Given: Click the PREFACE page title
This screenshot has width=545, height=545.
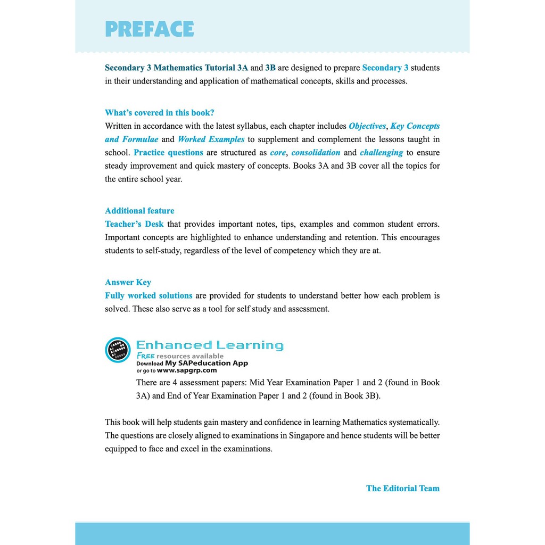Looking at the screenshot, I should (x=150, y=29).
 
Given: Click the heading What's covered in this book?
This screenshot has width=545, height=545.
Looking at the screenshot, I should (x=160, y=113).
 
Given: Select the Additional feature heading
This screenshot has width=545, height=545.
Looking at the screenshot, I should (x=139, y=211).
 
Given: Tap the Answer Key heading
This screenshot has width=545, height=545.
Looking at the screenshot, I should (x=128, y=283).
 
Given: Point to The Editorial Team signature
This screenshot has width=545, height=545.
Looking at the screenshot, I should (x=403, y=488).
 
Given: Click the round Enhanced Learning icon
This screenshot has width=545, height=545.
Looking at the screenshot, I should (x=118, y=350).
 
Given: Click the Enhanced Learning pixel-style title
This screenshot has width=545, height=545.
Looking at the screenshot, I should (x=210, y=345).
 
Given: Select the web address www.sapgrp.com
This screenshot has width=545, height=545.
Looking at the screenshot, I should (x=187, y=370).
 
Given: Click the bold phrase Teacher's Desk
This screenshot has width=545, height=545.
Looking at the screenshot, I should (x=134, y=224).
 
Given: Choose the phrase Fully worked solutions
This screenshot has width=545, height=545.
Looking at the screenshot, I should (x=148, y=295).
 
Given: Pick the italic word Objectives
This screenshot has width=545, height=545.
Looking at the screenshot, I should (x=367, y=126).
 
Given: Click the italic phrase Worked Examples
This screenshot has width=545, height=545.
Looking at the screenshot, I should (x=211, y=139).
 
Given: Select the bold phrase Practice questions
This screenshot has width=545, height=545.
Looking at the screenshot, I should (x=168, y=153).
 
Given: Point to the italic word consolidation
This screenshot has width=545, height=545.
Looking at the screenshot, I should (x=316, y=153).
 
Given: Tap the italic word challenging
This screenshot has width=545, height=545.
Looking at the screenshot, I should (x=381, y=153).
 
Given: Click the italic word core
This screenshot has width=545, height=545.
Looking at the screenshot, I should (x=278, y=153).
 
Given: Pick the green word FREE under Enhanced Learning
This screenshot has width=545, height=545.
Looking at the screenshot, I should (x=146, y=356).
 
